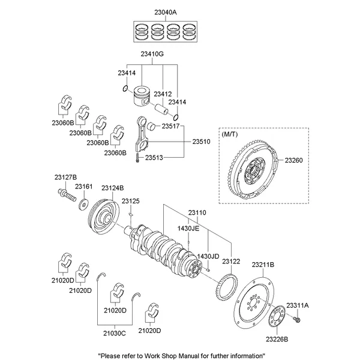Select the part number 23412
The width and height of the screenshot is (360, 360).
tap(163, 94)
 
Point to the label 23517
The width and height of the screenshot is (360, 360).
tap(171, 126)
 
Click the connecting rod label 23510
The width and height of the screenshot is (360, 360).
tap(202, 142)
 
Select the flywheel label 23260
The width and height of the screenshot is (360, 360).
tap(295, 160)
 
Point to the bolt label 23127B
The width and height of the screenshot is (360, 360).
tap(65, 177)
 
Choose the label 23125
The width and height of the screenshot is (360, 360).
tap(130, 201)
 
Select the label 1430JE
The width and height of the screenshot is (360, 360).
tap(188, 229)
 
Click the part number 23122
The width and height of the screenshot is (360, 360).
tap(231, 262)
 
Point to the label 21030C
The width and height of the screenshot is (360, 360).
tap(114, 333)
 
